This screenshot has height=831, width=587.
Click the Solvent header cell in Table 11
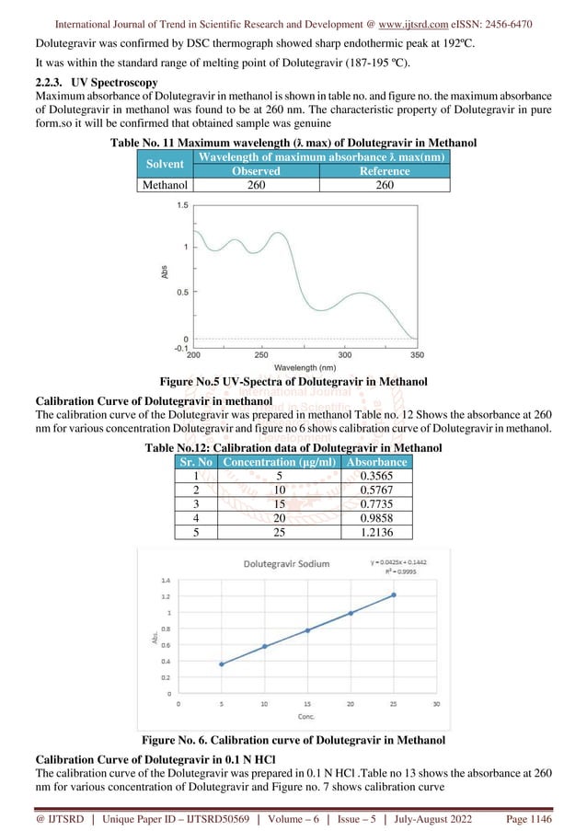point(153,163)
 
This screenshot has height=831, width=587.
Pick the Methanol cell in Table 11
point(153,185)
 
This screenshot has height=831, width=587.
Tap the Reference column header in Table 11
point(385,171)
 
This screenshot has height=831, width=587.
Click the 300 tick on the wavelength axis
point(345,353)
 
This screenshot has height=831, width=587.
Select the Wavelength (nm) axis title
point(302,366)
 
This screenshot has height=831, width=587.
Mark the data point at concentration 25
point(394,594)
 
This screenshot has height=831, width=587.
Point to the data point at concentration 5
point(221,664)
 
